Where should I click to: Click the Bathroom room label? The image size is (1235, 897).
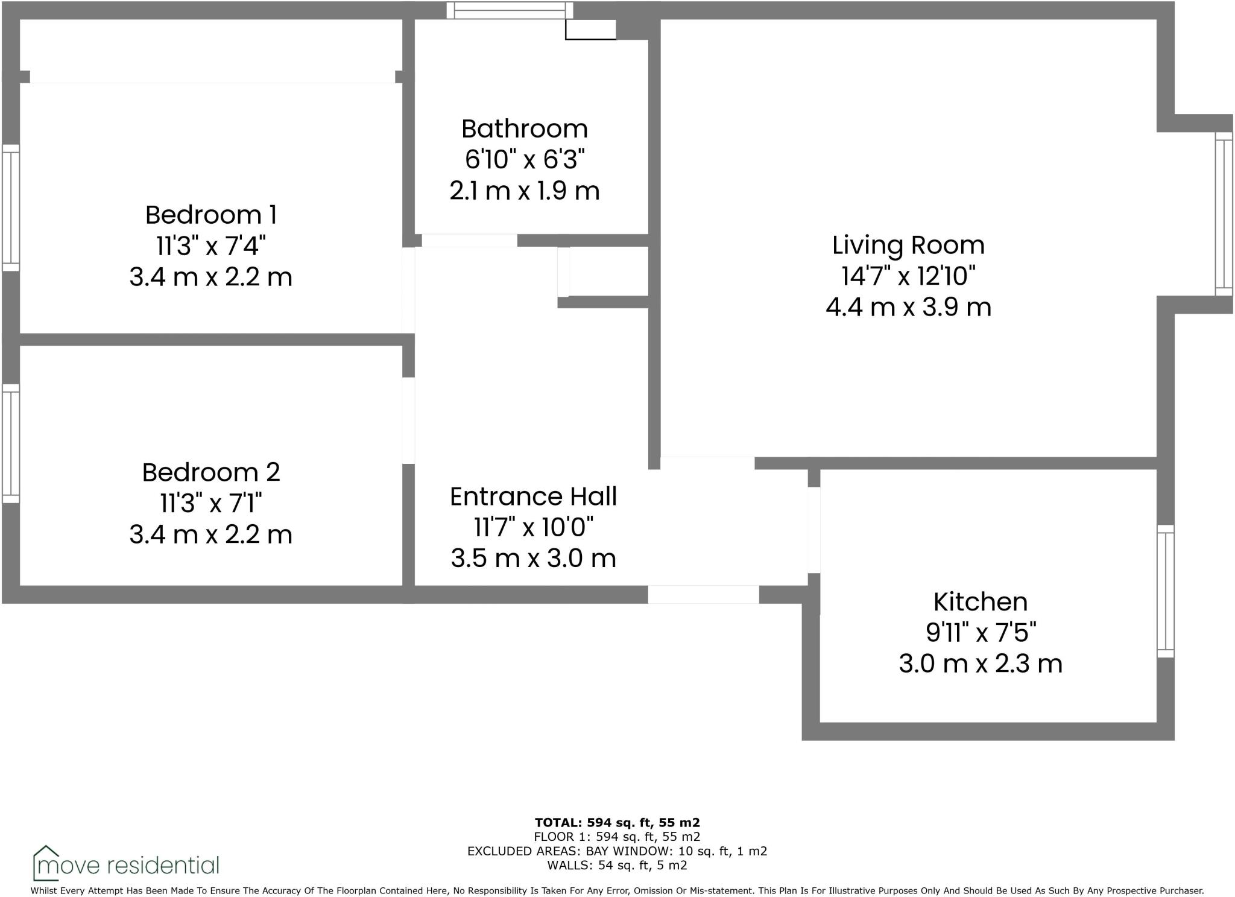pos(524,129)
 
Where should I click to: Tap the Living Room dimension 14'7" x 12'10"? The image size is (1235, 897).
pos(908,276)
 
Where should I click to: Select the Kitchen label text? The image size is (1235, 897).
pos(980,602)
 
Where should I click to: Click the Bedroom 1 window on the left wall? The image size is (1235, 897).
pos(11,207)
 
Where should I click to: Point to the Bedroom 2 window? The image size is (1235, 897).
pos(11,443)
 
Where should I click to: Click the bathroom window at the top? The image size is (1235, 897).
pos(510,10)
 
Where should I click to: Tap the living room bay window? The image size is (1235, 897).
pos(1224,214)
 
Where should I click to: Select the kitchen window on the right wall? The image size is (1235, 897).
pos(1166,591)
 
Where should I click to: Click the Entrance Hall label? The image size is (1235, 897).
pos(533,496)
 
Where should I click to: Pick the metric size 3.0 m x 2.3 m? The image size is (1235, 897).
pos(980,664)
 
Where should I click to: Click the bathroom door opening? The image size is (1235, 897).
pos(469,240)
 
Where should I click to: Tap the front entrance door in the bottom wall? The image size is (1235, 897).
pos(703,594)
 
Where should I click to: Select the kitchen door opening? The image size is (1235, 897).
pos(813,530)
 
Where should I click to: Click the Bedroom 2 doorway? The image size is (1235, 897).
pos(408,420)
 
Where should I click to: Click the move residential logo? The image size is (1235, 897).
pos(126,864)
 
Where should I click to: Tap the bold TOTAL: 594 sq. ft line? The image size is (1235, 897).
pos(617,822)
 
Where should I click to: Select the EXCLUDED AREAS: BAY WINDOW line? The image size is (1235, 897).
pos(617,851)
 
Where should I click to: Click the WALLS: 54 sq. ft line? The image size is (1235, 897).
pos(617,865)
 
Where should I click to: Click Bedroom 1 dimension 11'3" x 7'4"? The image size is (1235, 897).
pos(210,246)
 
